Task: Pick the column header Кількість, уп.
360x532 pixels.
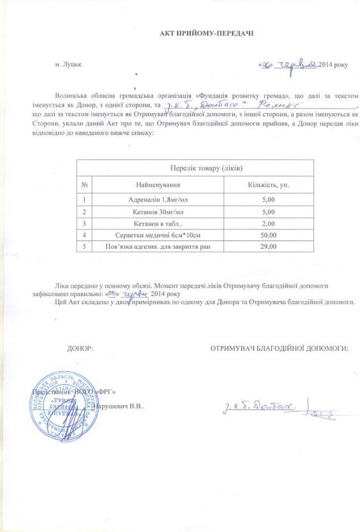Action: (x=267, y=185)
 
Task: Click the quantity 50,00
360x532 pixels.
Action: (x=267, y=235)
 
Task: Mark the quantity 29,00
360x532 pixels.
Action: (x=267, y=246)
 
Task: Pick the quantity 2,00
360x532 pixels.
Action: (x=267, y=223)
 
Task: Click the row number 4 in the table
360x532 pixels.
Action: (x=84, y=235)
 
